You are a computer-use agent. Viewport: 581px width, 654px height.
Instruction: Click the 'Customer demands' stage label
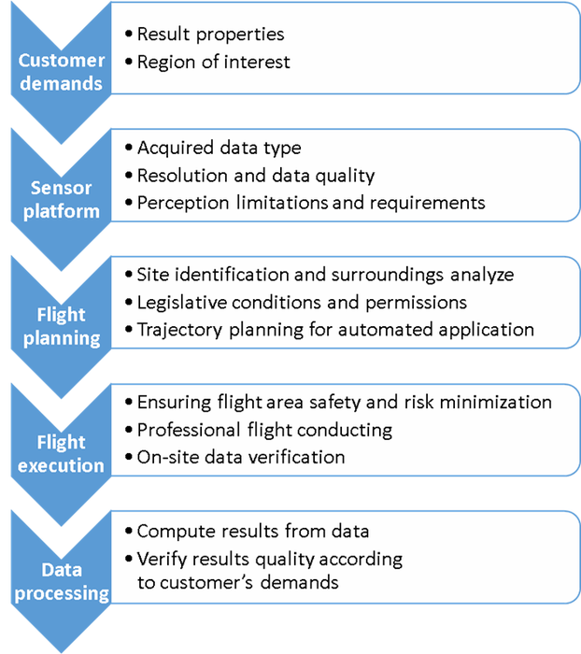click(62, 71)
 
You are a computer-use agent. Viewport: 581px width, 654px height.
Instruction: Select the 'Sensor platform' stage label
click(62, 200)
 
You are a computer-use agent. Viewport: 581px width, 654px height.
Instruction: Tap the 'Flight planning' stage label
click(62, 327)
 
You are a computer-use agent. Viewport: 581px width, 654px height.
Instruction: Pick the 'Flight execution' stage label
click(62, 454)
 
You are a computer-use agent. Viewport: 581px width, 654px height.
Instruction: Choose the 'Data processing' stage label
click(62, 581)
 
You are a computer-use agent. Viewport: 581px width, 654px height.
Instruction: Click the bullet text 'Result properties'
click(210, 35)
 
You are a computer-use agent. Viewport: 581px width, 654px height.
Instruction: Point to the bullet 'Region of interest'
click(213, 63)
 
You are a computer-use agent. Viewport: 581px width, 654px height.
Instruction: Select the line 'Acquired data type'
click(219, 149)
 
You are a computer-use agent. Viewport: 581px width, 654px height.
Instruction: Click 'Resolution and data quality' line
click(255, 175)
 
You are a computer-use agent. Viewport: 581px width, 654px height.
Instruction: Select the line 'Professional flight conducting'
click(264, 431)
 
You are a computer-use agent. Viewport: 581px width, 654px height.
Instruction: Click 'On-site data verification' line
click(241, 457)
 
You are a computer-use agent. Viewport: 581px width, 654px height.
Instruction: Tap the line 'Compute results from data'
click(252, 532)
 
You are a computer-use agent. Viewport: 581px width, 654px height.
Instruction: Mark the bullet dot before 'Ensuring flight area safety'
click(128, 404)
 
